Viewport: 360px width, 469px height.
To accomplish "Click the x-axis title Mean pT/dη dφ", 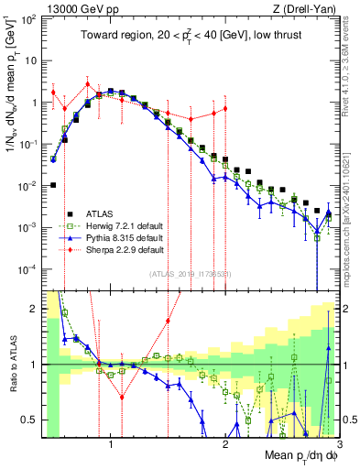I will tap(291, 455).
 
